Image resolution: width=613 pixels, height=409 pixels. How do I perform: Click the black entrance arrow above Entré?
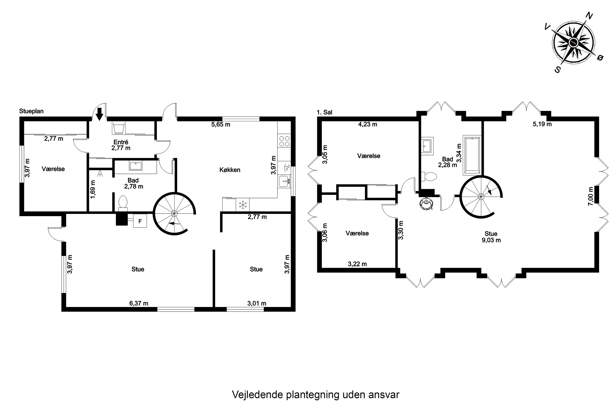pos(99,114)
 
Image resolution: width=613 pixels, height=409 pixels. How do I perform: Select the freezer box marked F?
pos(140,221)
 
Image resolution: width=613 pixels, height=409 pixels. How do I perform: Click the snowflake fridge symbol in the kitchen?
pos(243,205)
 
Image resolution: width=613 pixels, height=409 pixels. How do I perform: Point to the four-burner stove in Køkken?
pos(284,141)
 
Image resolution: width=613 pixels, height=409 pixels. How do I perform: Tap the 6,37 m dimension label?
pos(139,303)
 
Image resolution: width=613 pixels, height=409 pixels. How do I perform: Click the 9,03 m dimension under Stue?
pos(491,240)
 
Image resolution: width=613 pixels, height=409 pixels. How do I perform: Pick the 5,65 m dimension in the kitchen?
pos(220,124)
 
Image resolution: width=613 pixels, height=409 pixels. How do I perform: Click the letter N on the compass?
pos(589,16)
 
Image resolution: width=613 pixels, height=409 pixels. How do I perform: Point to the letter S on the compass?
pos(557,69)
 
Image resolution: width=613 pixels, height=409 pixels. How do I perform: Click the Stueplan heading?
pos(31,111)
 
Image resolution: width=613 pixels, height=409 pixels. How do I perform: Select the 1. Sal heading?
pos(324,112)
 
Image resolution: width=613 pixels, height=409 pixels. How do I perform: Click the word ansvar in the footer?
pos(384,395)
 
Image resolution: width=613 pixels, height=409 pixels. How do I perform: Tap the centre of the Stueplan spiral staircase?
pos(174,214)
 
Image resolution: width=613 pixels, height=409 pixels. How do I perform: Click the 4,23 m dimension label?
pos(367,124)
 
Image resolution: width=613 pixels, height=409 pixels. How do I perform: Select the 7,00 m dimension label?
pos(591,196)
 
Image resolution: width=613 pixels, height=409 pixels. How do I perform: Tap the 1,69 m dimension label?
pos(93,189)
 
